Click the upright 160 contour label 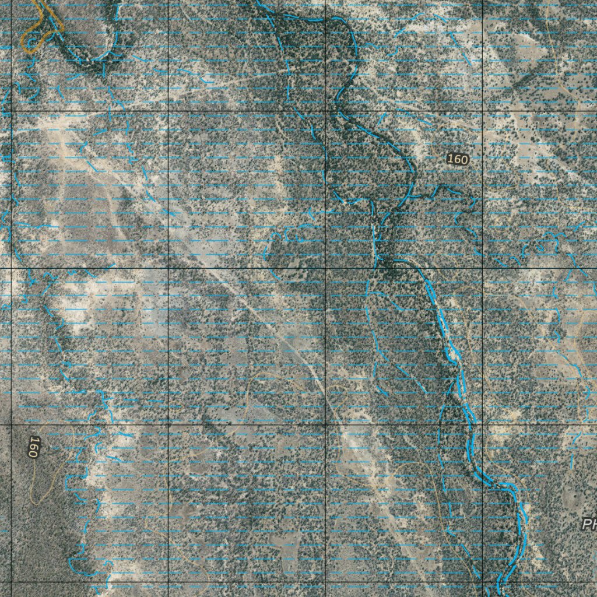pyautogui.click(x=458, y=159)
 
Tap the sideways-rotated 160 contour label pyautogui.click(x=33, y=447)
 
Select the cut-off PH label pyautogui.click(x=589, y=524)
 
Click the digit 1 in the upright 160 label pyautogui.click(x=451, y=159)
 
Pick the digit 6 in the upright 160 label pyautogui.click(x=457, y=159)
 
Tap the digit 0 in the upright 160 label pyautogui.click(x=464, y=159)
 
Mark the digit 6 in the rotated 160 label pyautogui.click(x=33, y=447)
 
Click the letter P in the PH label pyautogui.click(x=586, y=524)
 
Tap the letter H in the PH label pyautogui.click(x=594, y=524)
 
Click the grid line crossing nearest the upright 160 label pyautogui.click(x=483, y=111)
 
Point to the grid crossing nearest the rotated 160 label pyautogui.click(x=12, y=425)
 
